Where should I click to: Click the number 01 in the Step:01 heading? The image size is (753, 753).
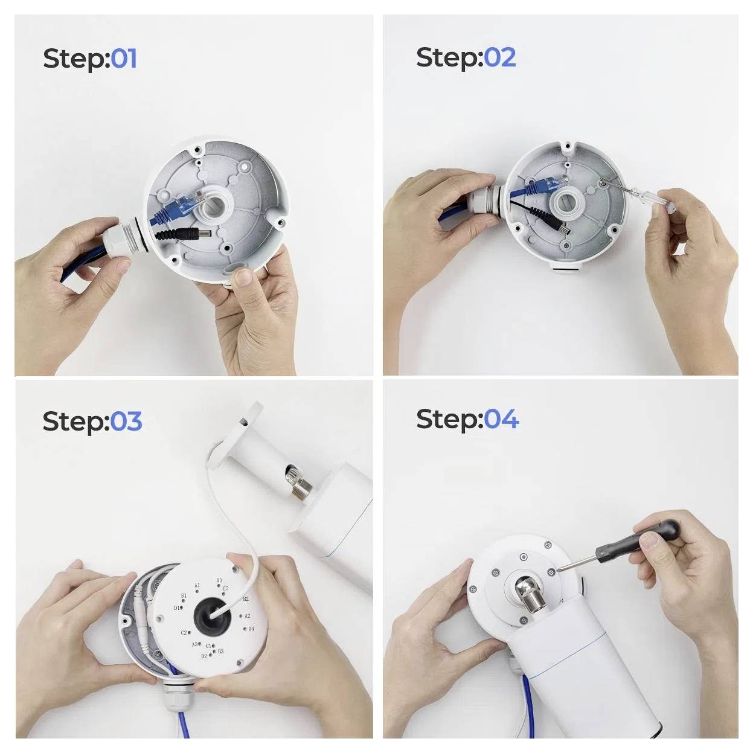coord(124,59)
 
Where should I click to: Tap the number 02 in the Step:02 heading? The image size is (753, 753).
coord(499,57)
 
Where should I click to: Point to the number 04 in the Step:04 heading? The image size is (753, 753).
coord(501,418)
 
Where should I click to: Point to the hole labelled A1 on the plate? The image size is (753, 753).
coord(197,592)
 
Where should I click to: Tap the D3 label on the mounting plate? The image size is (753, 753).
coord(219,581)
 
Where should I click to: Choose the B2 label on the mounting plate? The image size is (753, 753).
coord(246,599)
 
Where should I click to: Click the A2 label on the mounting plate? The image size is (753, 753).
coord(246,617)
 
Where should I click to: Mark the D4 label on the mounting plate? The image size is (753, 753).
coord(251,629)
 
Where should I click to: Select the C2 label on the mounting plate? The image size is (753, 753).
coord(184,633)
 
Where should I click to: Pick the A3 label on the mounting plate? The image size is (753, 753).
coord(194,645)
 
